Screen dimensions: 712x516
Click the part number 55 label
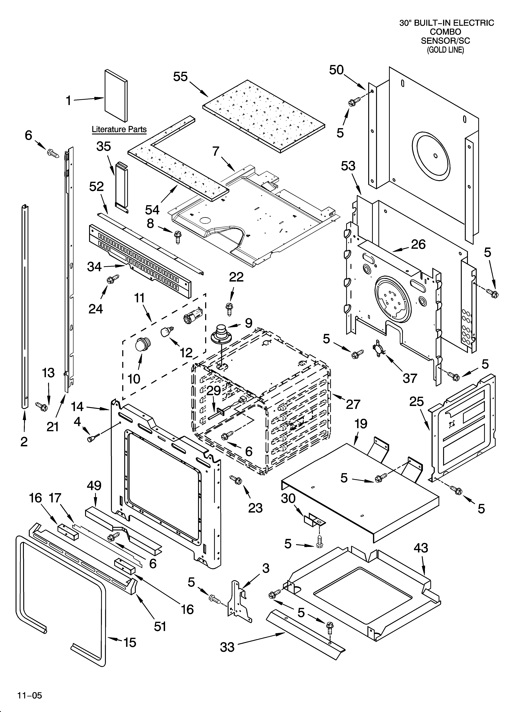pos(180,77)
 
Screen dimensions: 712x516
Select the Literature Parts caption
pos(119,129)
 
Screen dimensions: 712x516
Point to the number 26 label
pos(418,245)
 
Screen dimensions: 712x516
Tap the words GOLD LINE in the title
pos(445,50)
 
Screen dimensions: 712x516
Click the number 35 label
pos(104,146)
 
